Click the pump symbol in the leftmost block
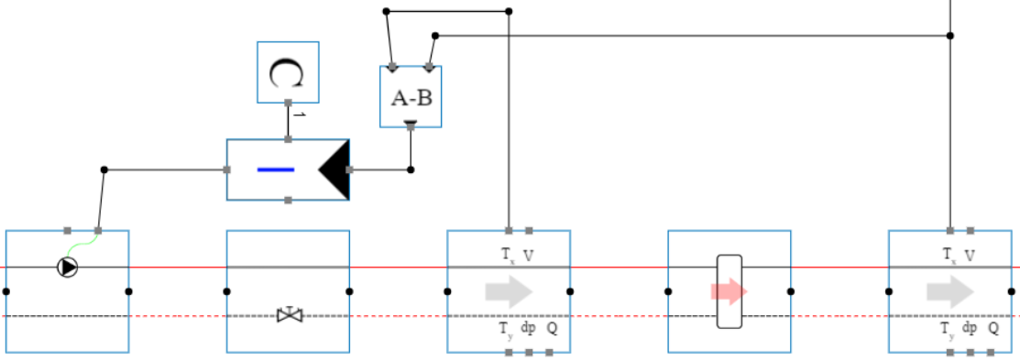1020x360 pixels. click(68, 267)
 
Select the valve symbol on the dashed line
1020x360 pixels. click(290, 315)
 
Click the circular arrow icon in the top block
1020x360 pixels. click(287, 72)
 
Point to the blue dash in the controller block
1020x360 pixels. click(275, 169)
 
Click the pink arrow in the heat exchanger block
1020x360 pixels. click(729, 291)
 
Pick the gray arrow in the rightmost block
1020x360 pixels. click(949, 291)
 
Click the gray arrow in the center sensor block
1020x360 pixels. click(509, 291)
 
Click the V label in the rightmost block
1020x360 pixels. click(970, 256)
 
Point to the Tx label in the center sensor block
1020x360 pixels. click(507, 256)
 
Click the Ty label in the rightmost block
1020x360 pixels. click(949, 328)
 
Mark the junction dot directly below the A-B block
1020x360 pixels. click(411, 169)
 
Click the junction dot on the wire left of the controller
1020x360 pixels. click(104, 169)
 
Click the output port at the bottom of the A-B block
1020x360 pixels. click(411, 124)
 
